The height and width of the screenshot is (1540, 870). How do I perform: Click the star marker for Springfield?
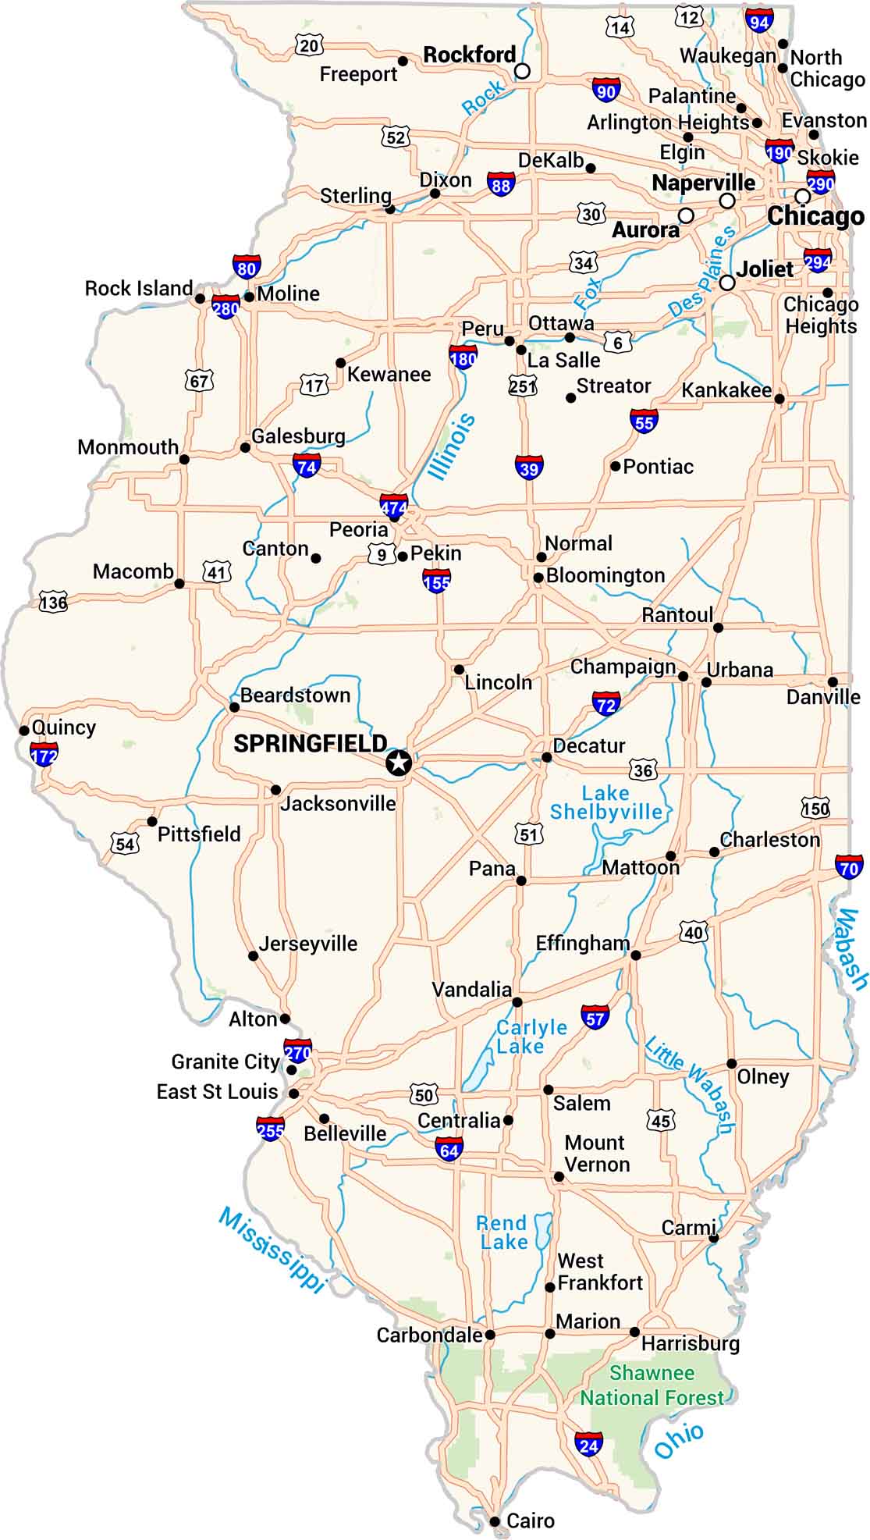click(399, 763)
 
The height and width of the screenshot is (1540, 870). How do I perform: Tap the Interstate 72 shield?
click(606, 703)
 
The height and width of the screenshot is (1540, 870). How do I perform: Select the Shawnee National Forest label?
click(652, 1385)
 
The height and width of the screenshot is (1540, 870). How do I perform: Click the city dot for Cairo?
click(495, 1520)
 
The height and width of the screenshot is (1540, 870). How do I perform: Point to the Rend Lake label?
click(502, 1232)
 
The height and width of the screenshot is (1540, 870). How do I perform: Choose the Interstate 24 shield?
click(588, 1445)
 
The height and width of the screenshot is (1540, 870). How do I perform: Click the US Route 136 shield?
click(54, 603)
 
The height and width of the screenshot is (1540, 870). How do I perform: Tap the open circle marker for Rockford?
click(523, 72)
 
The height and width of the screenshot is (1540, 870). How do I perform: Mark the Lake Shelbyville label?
click(606, 803)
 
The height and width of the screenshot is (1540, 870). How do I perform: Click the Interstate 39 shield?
click(529, 468)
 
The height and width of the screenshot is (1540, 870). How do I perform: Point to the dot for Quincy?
click(24, 731)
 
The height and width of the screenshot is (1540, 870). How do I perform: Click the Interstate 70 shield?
click(849, 867)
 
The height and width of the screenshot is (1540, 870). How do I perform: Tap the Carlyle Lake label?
click(531, 1037)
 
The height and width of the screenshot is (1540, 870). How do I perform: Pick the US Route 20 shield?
click(310, 46)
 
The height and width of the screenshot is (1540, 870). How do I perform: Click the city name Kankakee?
click(726, 390)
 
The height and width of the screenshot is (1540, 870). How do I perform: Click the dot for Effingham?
click(635, 955)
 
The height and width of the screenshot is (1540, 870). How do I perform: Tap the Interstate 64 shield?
click(449, 1149)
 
